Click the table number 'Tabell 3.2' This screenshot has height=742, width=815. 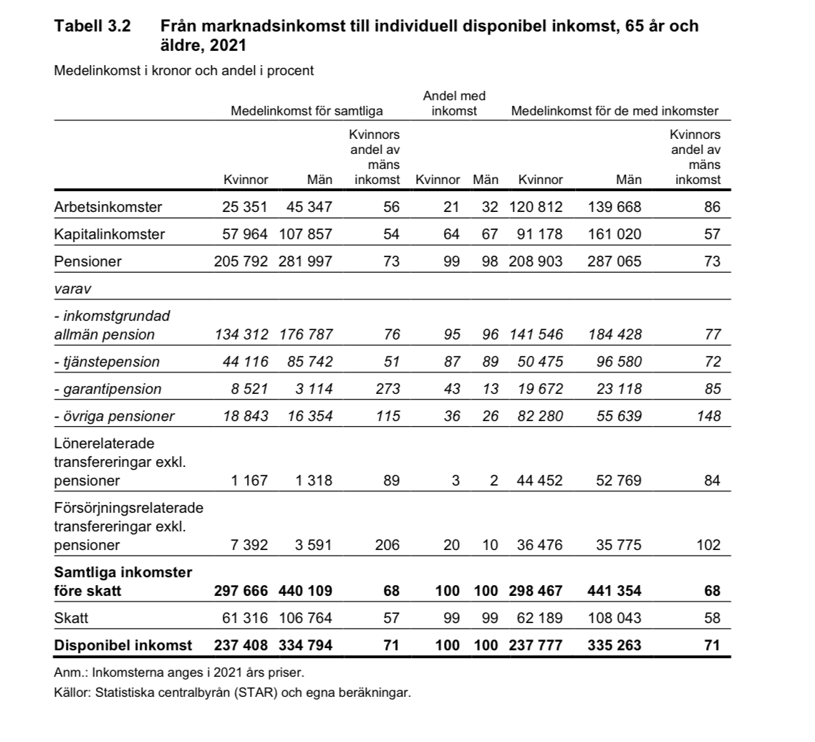tap(92, 27)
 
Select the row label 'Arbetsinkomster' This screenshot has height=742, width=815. tap(108, 208)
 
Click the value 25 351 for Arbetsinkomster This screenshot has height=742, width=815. tap(245, 208)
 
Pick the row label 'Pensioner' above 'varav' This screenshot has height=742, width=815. tap(87, 261)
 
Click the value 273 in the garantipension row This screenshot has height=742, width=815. tap(387, 389)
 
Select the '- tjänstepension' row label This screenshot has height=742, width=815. tap(107, 362)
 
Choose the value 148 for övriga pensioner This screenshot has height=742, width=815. tap(708, 416)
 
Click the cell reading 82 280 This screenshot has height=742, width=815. tap(540, 416)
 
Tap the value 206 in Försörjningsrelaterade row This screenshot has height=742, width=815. tap(387, 545)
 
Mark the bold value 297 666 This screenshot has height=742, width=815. tap(241, 591)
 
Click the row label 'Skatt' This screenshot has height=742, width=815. tap(71, 617)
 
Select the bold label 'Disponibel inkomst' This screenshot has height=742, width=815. tap(123, 645)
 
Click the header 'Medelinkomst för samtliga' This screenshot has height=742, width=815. tap(307, 111)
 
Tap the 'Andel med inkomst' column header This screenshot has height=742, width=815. tap(454, 103)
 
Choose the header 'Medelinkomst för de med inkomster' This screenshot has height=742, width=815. tap(614, 111)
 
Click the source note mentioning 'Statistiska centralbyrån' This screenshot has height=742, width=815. tap(233, 693)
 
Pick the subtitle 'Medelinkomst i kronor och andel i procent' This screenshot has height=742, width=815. tap(184, 71)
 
